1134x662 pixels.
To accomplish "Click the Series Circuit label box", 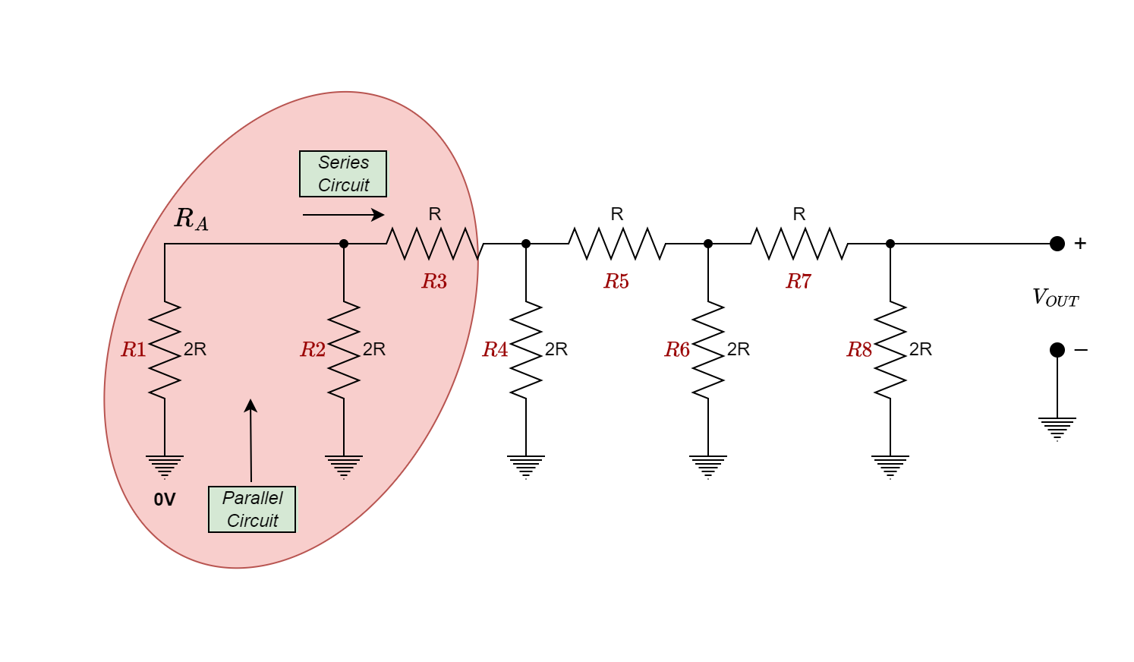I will (x=343, y=174).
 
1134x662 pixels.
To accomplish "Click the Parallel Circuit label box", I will (x=252, y=509).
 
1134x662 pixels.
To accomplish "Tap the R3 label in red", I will (x=434, y=282).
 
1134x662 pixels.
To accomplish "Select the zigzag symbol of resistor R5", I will (x=616, y=244).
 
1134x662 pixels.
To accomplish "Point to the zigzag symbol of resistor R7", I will (x=799, y=244).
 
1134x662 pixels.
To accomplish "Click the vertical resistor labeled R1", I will (x=165, y=349).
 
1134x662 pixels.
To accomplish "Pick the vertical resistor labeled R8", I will (x=890, y=349).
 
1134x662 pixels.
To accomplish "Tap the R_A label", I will (x=191, y=219).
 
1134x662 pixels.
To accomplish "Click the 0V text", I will (x=165, y=500).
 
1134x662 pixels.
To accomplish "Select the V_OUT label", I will (x=1055, y=298).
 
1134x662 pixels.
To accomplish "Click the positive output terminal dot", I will (x=1057, y=244).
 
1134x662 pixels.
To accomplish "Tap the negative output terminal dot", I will (x=1057, y=350).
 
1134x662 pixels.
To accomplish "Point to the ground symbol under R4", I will (x=526, y=466).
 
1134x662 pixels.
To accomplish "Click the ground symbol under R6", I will (x=708, y=466).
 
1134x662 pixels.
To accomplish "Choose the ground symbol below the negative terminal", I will (x=1057, y=428).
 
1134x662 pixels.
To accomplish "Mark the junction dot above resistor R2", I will (x=344, y=244).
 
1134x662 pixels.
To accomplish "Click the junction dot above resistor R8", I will (x=890, y=244).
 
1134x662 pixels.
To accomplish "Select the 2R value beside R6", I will (x=738, y=349).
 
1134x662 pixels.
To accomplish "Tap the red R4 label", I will (x=495, y=350).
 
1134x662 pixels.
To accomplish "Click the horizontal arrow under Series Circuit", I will (x=343, y=215).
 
